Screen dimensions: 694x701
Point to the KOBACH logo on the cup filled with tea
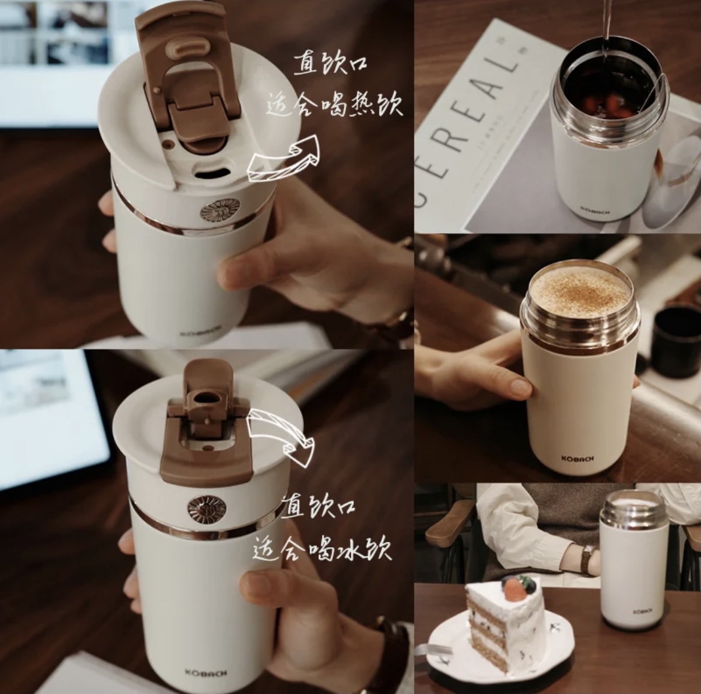point(589,210)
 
